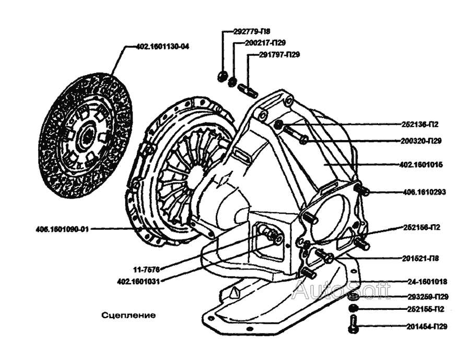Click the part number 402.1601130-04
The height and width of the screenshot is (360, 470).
click(x=162, y=47)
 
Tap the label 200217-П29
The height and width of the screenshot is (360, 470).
click(x=265, y=42)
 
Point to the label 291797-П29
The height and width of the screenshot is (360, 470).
click(x=280, y=54)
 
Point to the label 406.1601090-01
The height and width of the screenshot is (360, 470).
click(x=63, y=229)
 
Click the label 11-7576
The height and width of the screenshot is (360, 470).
click(x=146, y=270)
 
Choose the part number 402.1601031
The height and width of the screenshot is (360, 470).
click(x=138, y=281)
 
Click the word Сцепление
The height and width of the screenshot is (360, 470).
click(x=129, y=316)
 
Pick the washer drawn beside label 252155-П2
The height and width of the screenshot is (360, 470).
click(x=354, y=307)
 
